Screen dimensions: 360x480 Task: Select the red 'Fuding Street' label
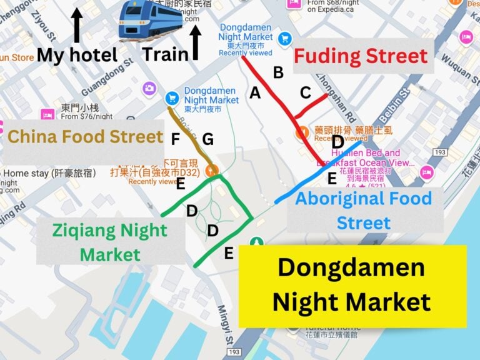click(361, 57)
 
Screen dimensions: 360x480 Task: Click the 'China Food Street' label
click(85, 136)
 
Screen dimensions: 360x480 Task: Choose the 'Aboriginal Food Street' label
click(363, 211)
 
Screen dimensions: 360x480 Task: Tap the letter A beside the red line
click(254, 92)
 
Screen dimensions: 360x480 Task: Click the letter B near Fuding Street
click(277, 72)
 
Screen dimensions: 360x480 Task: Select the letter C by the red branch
click(305, 92)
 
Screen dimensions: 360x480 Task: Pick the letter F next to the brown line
click(176, 139)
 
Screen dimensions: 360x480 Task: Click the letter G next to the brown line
click(208, 138)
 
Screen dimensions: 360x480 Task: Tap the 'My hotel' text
click(77, 55)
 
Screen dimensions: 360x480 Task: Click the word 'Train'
click(166, 54)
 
